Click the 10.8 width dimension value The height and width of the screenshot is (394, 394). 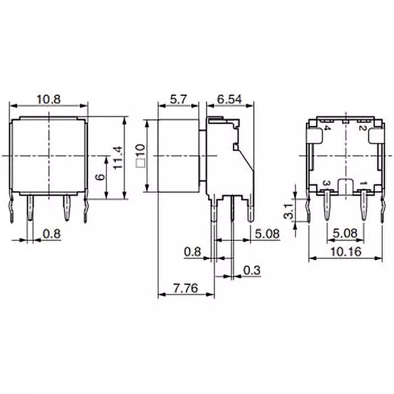pos(48,99)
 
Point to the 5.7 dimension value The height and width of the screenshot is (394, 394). pos(178,99)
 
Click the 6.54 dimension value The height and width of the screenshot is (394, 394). pos(230,99)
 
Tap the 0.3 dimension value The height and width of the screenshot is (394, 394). pos(251,270)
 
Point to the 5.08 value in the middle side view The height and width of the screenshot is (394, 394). pos(267,233)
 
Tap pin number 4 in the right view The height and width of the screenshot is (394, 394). pos(328,129)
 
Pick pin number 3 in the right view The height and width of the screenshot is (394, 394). pos(325,183)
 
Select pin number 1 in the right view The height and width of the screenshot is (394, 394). pos(363,183)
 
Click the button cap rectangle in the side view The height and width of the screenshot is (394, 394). pos(178,156)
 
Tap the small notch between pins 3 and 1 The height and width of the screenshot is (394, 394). pos(345,186)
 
